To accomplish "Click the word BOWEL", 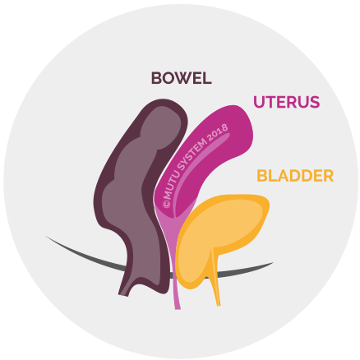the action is click(182, 78).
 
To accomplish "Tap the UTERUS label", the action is click(287, 102).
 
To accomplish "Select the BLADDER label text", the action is click(295, 176).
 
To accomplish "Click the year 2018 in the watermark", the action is click(218, 132).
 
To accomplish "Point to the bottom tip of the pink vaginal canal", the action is click(178, 309).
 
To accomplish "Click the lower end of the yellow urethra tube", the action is click(219, 305).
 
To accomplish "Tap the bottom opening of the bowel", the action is click(123, 295).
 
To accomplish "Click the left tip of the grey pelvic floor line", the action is click(47, 237).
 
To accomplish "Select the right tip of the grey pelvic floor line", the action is click(272, 263).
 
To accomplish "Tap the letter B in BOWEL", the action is click(156, 78).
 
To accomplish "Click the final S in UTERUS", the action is click(315, 102).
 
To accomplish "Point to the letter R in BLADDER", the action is click(329, 176).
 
